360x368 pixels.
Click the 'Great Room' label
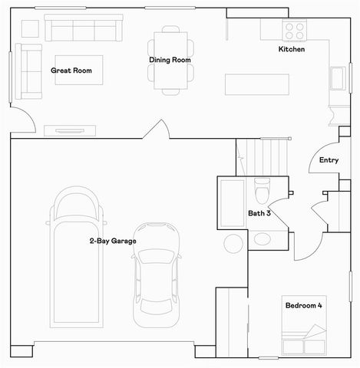[71, 71]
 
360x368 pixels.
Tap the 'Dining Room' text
[170, 60]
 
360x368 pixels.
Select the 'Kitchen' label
[291, 50]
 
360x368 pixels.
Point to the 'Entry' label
[329, 160]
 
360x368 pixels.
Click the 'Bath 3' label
[258, 213]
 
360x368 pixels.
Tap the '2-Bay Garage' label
[112, 242]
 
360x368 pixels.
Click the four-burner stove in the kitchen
[296, 30]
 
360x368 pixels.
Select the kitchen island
[257, 83]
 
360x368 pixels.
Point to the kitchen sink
[337, 78]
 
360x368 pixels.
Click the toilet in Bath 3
[262, 188]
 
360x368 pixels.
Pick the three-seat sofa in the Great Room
[82, 31]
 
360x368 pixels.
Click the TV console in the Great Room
[71, 130]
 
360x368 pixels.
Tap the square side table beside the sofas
[29, 28]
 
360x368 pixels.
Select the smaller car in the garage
[157, 274]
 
